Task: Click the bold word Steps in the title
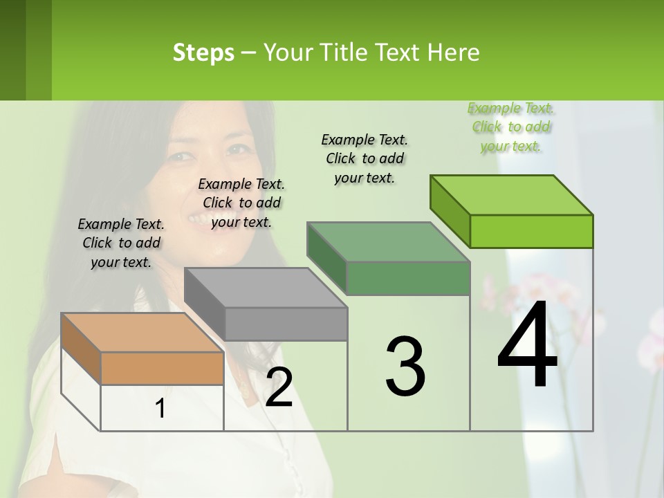click(x=203, y=53)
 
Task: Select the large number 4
click(x=527, y=345)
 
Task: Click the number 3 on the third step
click(x=405, y=366)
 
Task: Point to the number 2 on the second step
click(x=279, y=387)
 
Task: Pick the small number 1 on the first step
click(x=160, y=409)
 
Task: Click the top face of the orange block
click(x=142, y=333)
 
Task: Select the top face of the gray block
click(x=266, y=287)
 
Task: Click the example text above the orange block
click(x=121, y=243)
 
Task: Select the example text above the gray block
click(x=241, y=203)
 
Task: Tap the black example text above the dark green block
click(x=365, y=158)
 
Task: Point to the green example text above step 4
click(x=511, y=127)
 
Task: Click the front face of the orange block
click(x=162, y=368)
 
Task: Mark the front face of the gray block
click(x=286, y=324)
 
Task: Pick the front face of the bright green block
click(x=531, y=231)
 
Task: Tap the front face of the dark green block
click(x=408, y=278)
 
